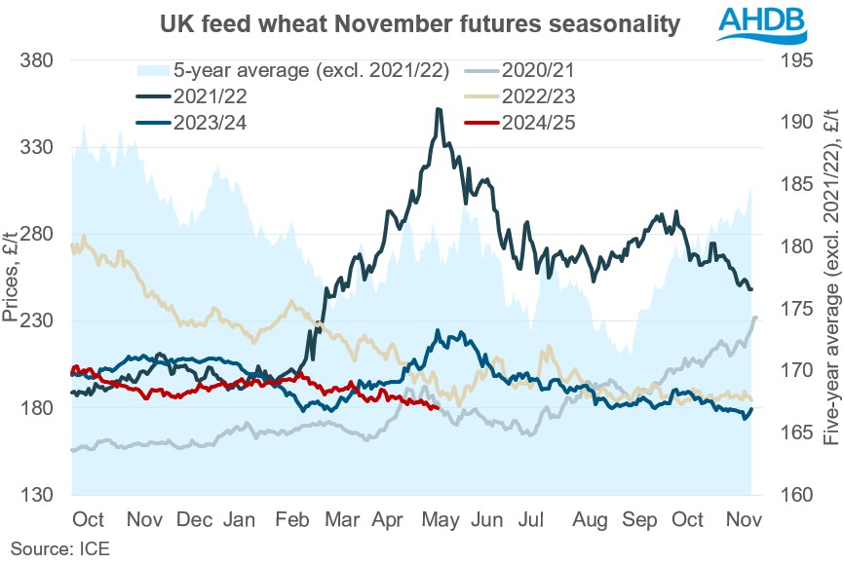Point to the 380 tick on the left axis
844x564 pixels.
point(36,60)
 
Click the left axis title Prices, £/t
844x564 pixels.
point(11,278)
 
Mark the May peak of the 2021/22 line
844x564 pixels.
point(439,109)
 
